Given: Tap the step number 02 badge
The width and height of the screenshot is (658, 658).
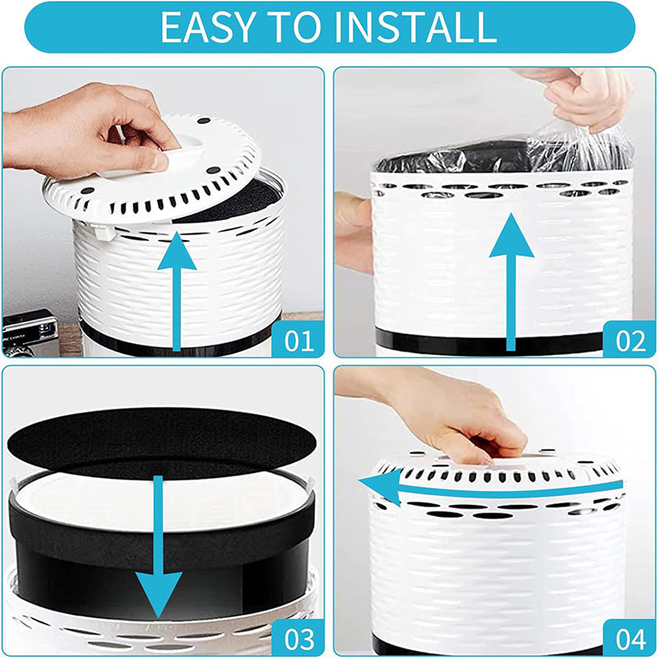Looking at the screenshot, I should [x=629, y=338].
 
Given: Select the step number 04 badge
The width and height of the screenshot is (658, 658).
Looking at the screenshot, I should [x=629, y=637].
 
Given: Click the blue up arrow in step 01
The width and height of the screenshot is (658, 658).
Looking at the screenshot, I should [x=177, y=288].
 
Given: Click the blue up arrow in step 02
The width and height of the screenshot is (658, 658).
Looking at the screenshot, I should [x=512, y=280].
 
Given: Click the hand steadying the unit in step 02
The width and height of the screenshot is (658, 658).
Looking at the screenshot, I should [x=352, y=230].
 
